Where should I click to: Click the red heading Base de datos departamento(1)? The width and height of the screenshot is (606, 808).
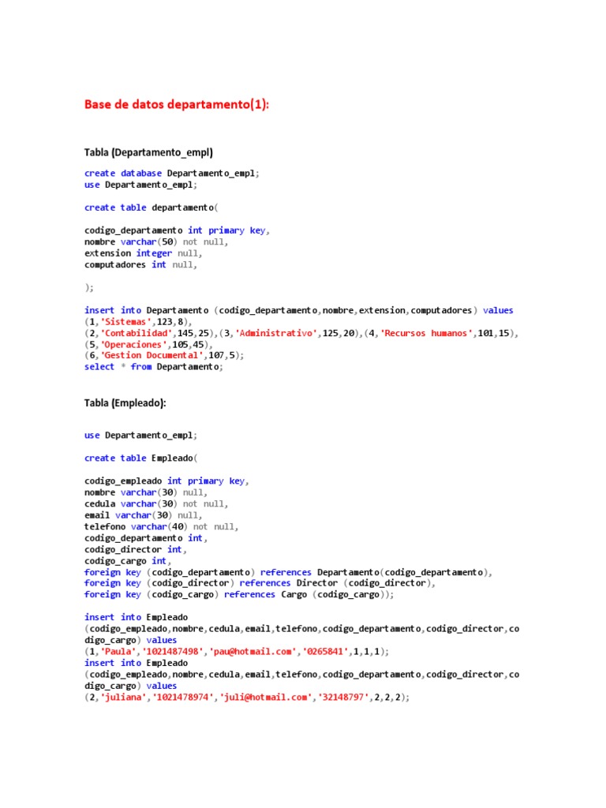[x=177, y=105]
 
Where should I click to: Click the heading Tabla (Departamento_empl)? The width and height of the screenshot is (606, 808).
[x=149, y=151]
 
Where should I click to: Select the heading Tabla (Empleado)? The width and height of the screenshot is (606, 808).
[x=125, y=402]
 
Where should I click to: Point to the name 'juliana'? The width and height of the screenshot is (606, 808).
[x=118, y=698]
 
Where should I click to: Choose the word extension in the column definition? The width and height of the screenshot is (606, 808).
[x=108, y=253]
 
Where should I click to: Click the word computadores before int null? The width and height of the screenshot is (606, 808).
[x=115, y=265]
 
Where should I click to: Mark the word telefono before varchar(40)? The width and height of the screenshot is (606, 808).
[x=105, y=526]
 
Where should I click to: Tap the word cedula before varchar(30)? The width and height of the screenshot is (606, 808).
[x=100, y=503]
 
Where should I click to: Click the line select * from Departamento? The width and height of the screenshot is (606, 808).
[x=154, y=367]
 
